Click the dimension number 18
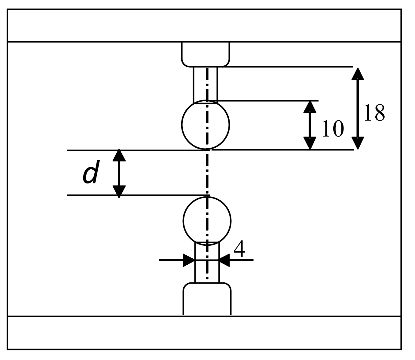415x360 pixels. [374, 113]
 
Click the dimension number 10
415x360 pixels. [332, 129]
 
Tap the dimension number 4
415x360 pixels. [239, 250]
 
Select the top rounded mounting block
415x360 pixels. [206, 54]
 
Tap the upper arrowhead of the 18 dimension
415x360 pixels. [358, 74]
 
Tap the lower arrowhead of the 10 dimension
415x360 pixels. [310, 143]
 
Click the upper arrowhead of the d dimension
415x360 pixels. [119, 155]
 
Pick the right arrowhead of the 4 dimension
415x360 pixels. [225, 260]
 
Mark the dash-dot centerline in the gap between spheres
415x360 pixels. [207, 173]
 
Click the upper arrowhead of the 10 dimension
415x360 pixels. [310, 107]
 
